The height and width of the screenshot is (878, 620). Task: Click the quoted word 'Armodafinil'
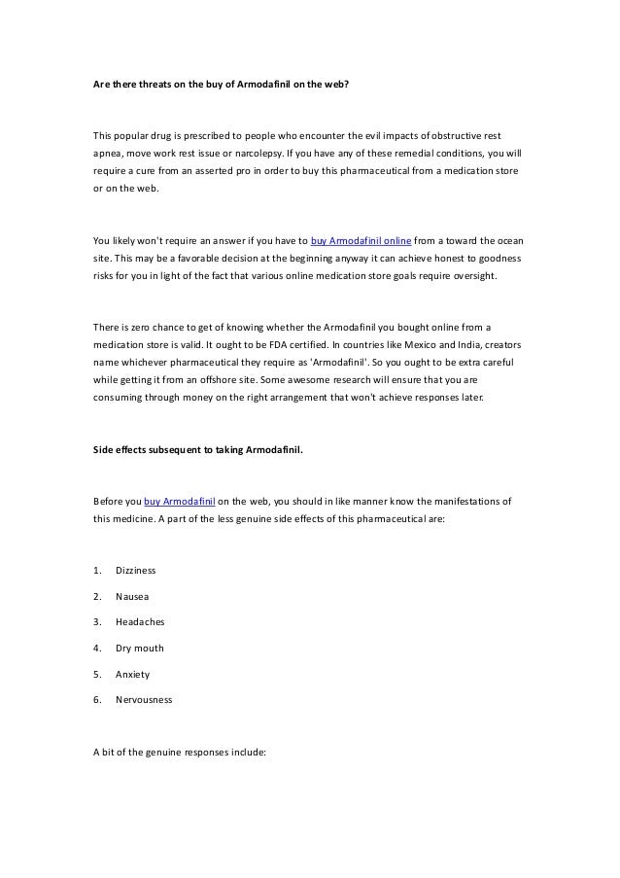pyautogui.click(x=342, y=361)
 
